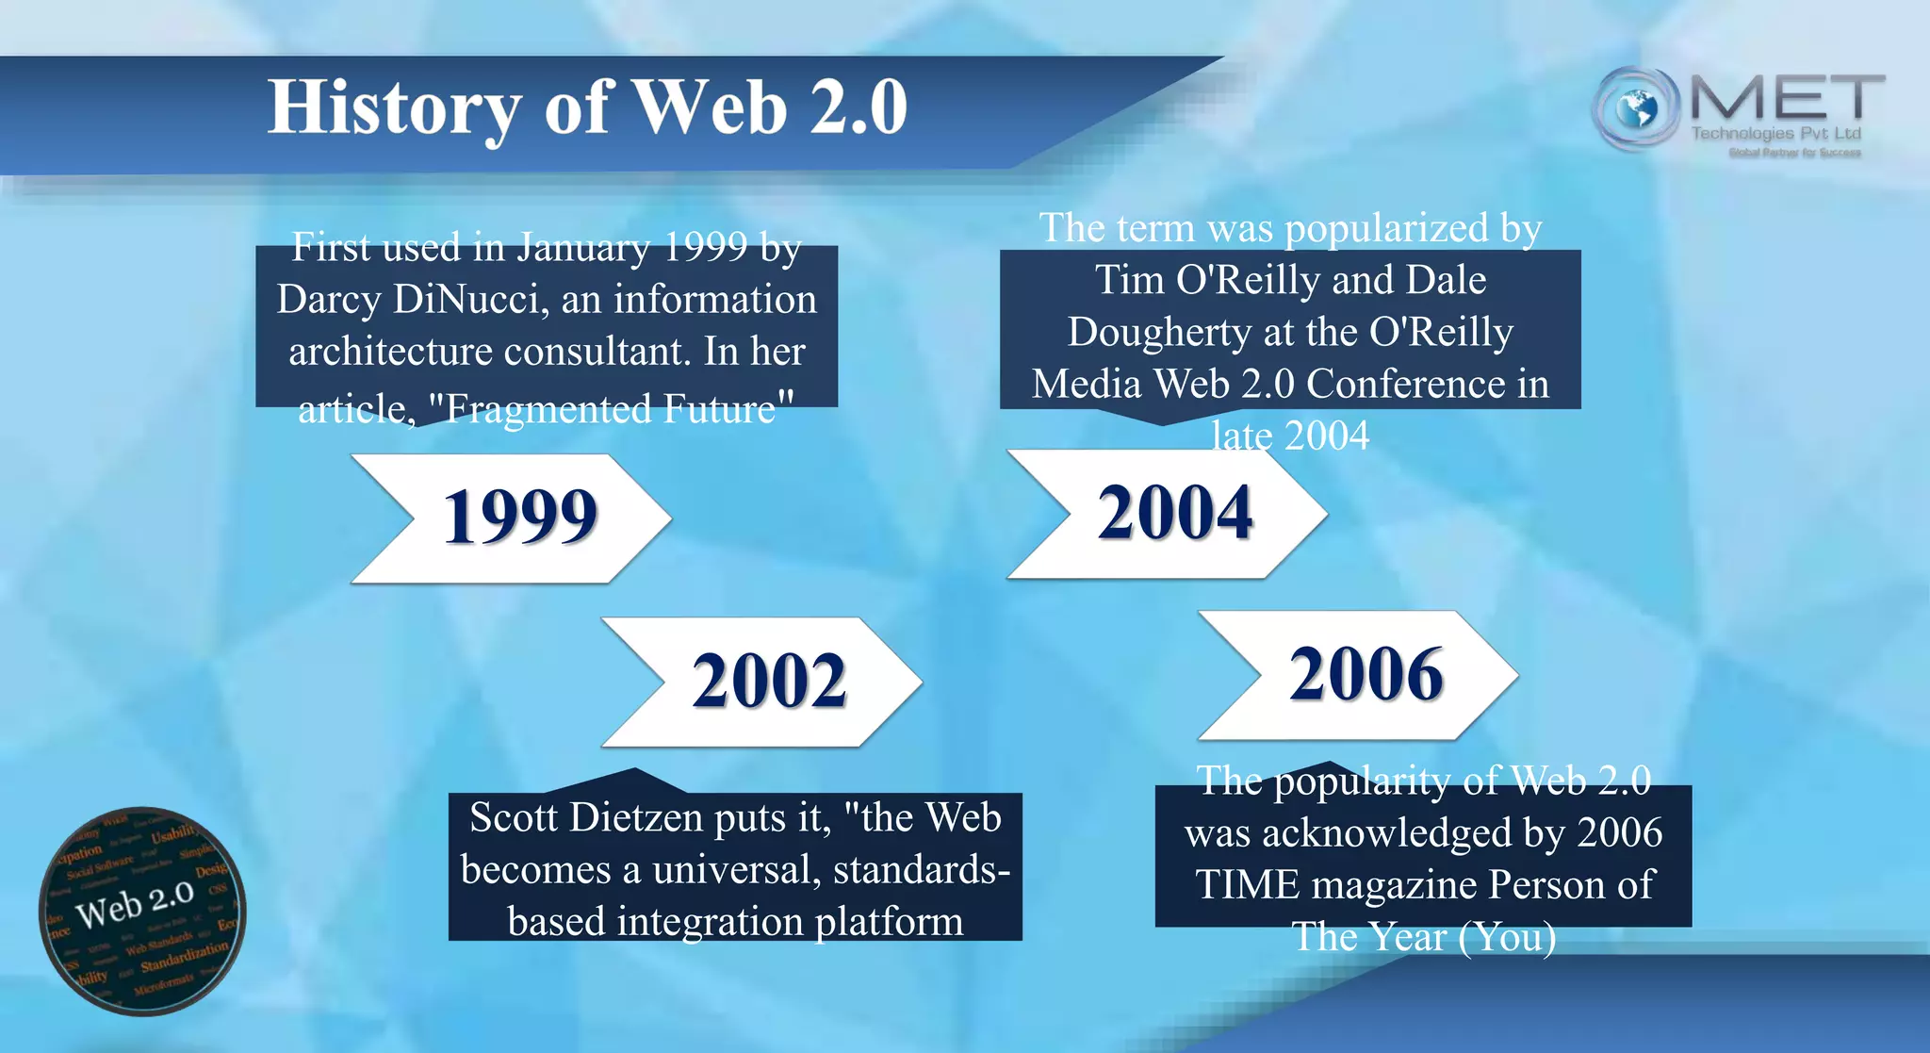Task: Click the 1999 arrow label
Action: tap(519, 518)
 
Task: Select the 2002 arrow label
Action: tap(769, 681)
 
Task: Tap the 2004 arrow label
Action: tap(1175, 513)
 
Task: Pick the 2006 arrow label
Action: tap(1366, 675)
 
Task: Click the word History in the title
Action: tap(394, 107)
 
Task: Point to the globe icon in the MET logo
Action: tap(1636, 108)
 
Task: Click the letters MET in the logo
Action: tap(1787, 98)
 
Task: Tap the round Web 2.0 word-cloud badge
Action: tap(142, 911)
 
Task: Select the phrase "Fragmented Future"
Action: tap(611, 409)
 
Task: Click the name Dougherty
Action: tap(1159, 332)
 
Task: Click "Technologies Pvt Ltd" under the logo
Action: tap(1775, 133)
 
